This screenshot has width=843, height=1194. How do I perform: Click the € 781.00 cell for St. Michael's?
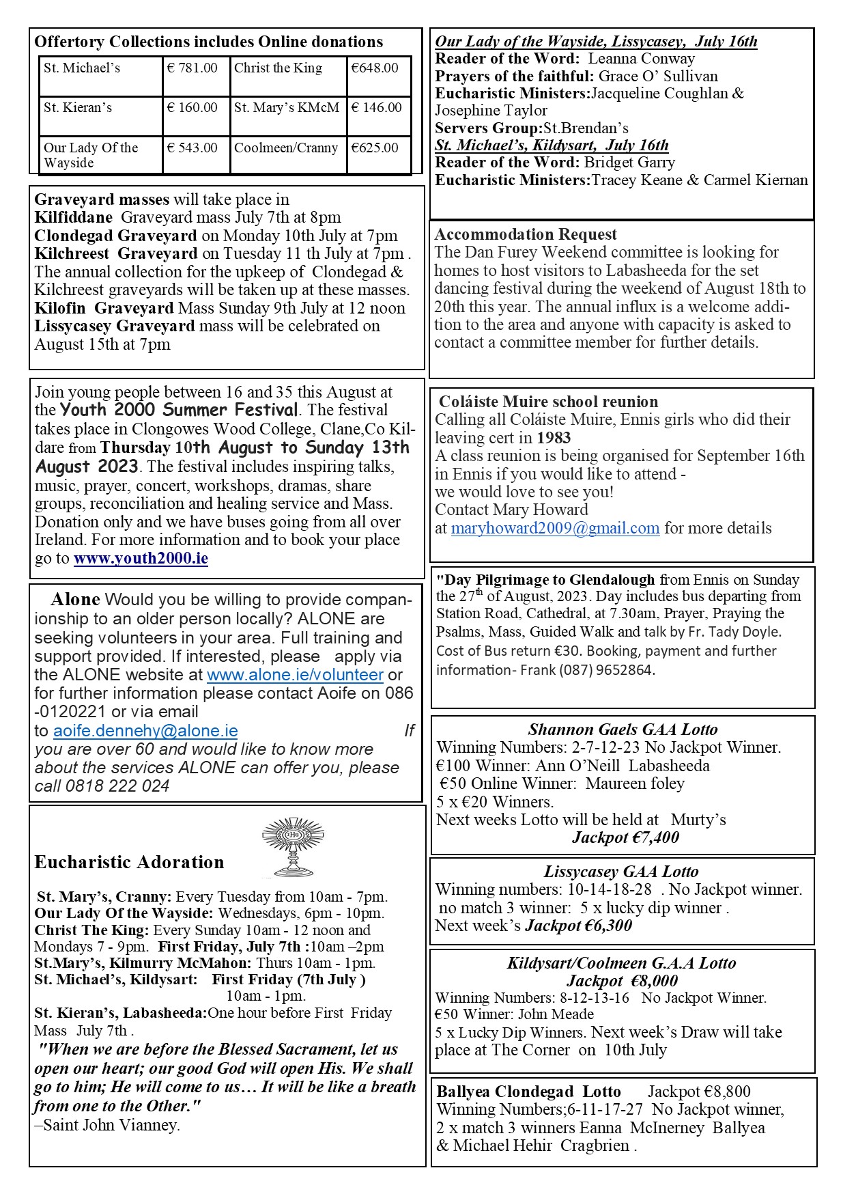[192, 68]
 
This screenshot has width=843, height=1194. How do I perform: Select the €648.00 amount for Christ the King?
[375, 68]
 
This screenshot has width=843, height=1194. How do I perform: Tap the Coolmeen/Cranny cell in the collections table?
[286, 148]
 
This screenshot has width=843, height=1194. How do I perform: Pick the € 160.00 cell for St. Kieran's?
[192, 108]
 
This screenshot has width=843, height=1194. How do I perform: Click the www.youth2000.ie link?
[141, 559]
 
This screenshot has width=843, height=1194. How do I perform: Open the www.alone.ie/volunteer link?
[295, 675]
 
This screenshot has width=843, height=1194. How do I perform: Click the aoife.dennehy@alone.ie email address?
[145, 731]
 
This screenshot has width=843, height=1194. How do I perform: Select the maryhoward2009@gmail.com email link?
[555, 528]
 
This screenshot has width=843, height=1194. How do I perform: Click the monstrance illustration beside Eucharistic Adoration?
[293, 847]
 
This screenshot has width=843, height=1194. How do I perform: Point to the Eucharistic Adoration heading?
[129, 863]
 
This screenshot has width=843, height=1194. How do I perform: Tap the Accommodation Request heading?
[526, 234]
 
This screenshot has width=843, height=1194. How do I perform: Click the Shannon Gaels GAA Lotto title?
[623, 730]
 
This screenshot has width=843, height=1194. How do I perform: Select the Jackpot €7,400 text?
[625, 837]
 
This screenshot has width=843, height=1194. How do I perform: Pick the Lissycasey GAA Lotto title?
[621, 872]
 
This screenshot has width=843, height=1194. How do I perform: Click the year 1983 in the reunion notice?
[554, 438]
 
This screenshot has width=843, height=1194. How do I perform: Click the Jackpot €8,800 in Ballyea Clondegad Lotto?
[699, 1092]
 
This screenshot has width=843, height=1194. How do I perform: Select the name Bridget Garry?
[629, 163]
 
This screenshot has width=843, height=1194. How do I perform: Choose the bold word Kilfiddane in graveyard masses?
[74, 218]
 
